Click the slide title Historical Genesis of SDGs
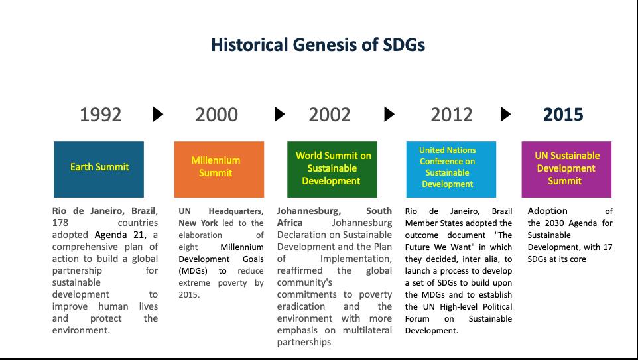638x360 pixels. tap(318, 44)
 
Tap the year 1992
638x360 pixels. tap(101, 115)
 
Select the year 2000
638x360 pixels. tap(216, 115)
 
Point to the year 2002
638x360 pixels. tap(330, 115)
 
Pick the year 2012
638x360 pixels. tap(452, 115)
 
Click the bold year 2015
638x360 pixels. tap(563, 115)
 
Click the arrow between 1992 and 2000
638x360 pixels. tap(158, 114)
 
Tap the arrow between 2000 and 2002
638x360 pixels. tap(279, 114)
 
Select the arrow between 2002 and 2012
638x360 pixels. tap(389, 114)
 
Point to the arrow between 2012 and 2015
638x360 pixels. tap(505, 114)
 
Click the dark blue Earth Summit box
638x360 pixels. tap(99, 169)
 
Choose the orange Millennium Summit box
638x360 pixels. tap(219, 169)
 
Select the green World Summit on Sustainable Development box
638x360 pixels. tap(332, 169)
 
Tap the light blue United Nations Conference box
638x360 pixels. tap(451, 169)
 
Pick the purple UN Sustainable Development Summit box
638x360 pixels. tap(566, 169)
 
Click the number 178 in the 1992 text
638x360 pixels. tap(60, 223)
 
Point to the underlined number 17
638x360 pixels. tap(608, 247)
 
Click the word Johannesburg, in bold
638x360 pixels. tap(309, 211)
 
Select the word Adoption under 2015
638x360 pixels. tap(547, 211)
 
